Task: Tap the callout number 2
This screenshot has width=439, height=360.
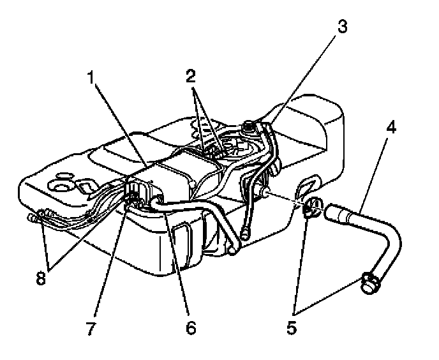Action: pos(190,75)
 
